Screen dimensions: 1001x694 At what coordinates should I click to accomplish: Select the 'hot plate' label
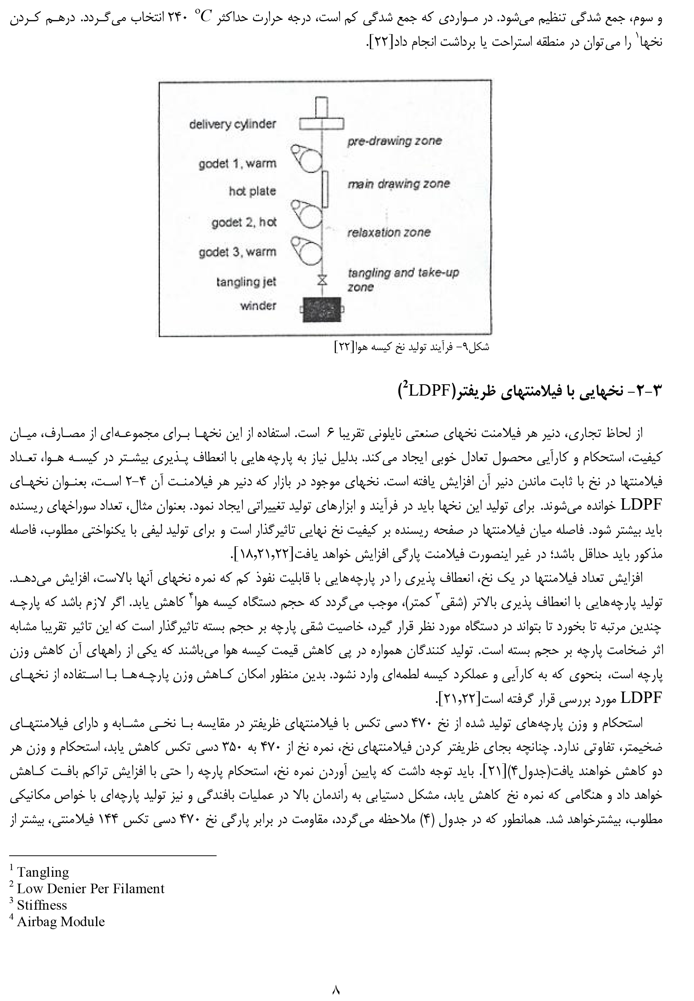tap(252, 191)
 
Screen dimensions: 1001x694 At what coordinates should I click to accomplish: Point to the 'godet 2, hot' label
tap(243, 223)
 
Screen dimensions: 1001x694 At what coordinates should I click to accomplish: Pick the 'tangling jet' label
tap(246, 282)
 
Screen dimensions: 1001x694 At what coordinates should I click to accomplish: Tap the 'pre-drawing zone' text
tap(394, 141)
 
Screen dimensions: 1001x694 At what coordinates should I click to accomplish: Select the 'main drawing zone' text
tap(398, 184)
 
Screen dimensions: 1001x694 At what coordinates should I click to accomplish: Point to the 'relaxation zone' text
tap(388, 232)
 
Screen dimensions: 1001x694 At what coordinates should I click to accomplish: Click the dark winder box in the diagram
tap(322, 309)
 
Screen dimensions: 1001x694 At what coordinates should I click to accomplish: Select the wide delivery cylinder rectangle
tap(322, 124)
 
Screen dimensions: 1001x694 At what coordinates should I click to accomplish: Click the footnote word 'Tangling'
tap(43, 872)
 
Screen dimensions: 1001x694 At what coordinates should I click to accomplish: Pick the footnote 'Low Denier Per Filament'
tap(91, 888)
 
